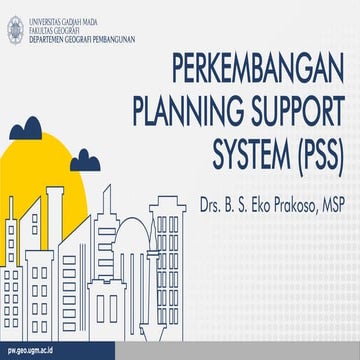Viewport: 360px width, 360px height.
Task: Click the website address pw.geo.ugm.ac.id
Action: coord(31,351)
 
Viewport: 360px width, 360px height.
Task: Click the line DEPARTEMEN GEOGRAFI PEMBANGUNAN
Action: coord(74,28)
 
